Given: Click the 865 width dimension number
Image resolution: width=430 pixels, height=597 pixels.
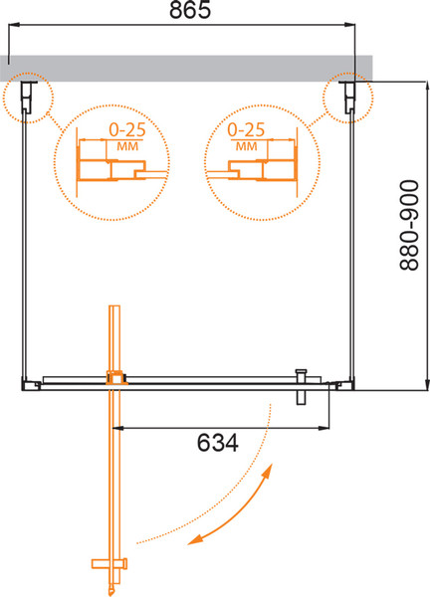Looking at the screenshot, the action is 190,10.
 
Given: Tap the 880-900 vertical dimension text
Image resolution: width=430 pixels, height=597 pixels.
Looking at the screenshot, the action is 409,226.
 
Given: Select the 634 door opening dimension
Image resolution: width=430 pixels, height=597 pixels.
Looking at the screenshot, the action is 217,443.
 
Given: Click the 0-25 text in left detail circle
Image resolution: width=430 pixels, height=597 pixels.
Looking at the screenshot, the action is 127,130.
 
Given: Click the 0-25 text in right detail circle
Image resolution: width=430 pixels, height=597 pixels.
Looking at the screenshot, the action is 246,130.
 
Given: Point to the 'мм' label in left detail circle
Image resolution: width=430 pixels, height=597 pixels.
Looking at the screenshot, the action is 127,146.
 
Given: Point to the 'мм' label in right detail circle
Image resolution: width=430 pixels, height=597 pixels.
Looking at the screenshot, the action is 247,146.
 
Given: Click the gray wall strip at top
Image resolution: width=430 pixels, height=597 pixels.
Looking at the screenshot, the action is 186,69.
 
